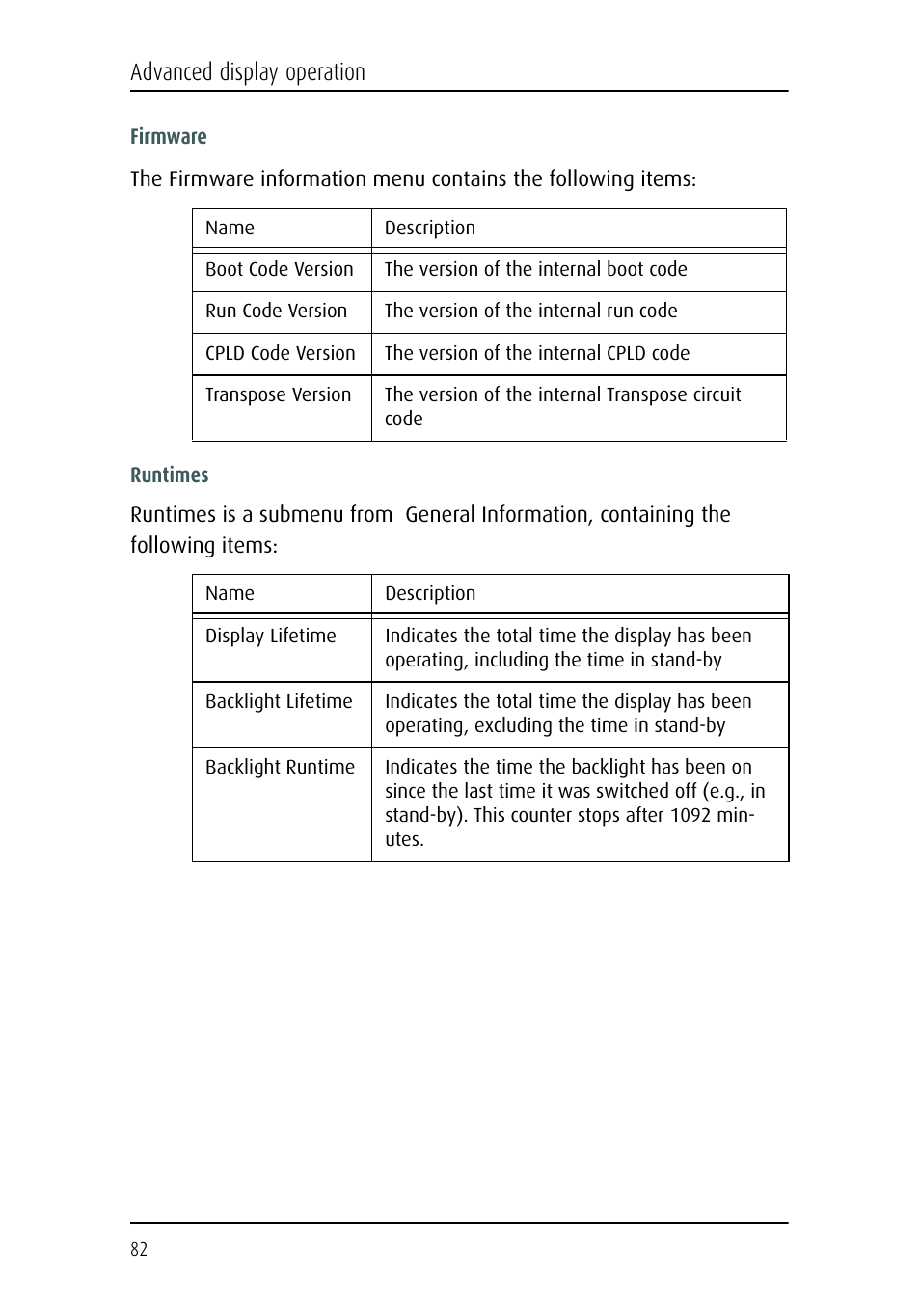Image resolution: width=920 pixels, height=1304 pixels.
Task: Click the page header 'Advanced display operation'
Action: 248,72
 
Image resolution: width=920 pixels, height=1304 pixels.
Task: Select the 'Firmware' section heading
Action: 169,137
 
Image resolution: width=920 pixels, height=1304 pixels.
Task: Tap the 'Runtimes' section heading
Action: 170,475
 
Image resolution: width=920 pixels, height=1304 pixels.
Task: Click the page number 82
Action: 139,1249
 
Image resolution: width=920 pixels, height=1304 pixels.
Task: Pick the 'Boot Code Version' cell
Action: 280,270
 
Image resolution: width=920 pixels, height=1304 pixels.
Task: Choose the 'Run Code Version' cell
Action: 276,312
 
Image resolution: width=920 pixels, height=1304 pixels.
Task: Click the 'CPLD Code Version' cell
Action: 281,354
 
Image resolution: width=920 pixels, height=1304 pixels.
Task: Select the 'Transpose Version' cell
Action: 278,395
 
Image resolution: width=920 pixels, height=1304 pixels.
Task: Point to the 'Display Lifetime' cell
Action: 271,637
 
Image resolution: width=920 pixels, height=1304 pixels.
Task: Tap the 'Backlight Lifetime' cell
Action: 279,702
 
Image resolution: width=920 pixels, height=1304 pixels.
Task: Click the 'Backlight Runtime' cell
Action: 280,768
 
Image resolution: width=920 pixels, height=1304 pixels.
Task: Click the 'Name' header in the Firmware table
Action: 230,229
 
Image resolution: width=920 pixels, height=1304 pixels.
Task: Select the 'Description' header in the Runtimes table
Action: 430,594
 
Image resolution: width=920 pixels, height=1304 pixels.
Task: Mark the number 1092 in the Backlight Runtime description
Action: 690,816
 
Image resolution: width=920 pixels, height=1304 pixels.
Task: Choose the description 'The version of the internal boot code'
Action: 535,270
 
